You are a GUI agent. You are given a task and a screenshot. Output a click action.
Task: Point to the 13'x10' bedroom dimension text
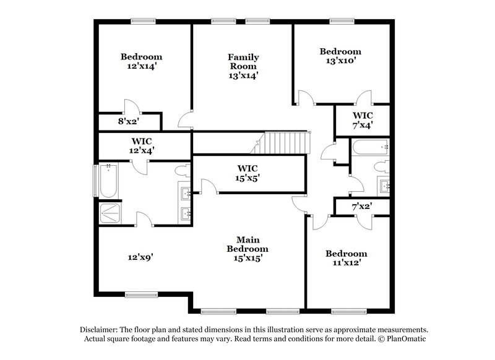coord(340,61)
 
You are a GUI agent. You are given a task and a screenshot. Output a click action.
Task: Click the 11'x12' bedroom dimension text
coord(346,262)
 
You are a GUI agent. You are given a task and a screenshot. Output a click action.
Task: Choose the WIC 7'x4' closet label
coord(363,120)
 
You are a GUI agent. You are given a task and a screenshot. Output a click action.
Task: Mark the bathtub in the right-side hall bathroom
coord(370,148)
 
